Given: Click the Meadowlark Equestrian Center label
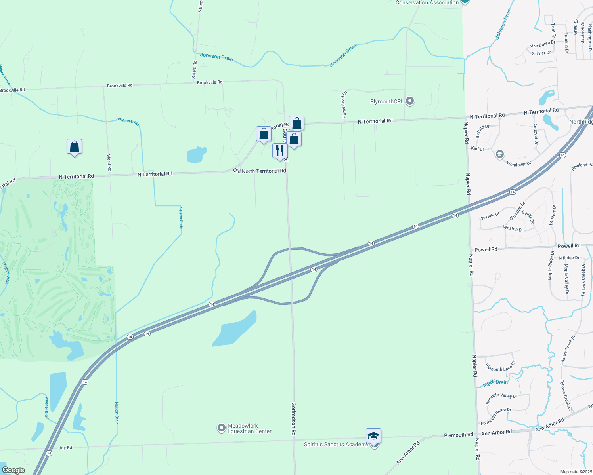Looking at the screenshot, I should [x=249, y=428].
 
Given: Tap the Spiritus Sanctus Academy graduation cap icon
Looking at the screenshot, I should [x=373, y=436].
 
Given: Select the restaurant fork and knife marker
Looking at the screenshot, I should [x=280, y=151].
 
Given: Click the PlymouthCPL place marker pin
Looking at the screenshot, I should [x=410, y=101].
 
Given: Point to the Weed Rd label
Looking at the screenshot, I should [x=109, y=163].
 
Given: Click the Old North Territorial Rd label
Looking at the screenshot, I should [x=259, y=171].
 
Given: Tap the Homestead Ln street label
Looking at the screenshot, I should [x=344, y=104].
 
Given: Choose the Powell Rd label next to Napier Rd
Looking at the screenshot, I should [x=486, y=250].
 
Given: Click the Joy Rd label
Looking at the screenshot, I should [x=65, y=448].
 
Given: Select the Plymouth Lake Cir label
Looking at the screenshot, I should [x=501, y=367].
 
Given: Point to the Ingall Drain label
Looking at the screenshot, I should [x=495, y=383].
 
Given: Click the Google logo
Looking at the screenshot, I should [x=13, y=470].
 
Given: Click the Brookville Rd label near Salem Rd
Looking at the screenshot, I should [x=210, y=82].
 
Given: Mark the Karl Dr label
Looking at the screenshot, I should [x=477, y=149].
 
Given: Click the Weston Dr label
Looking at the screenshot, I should [x=513, y=229].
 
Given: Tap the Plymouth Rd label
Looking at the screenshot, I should [x=458, y=435].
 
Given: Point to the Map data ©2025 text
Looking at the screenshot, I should [x=576, y=472].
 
